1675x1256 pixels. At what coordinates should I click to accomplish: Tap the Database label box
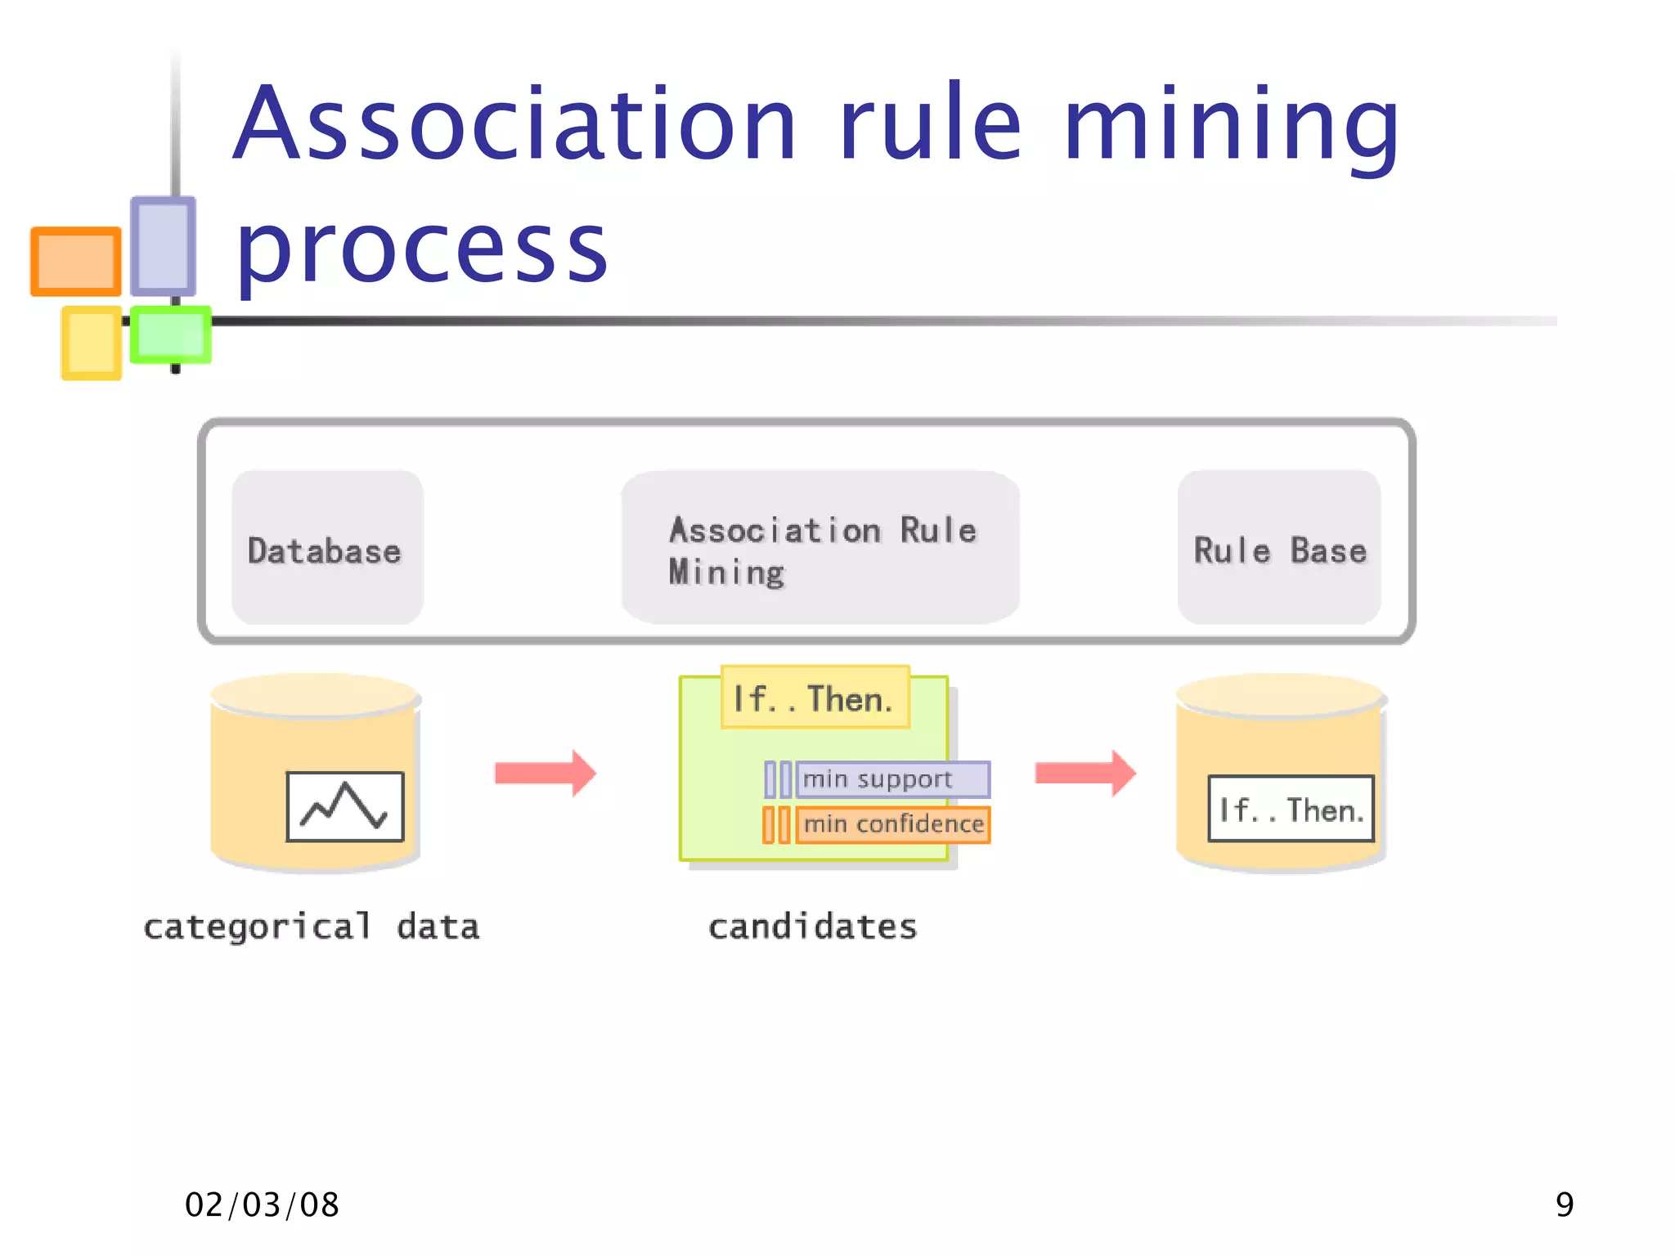(327, 548)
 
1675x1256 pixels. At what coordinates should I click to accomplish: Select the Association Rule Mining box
(820, 548)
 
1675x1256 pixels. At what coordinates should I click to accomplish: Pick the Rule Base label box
(1279, 548)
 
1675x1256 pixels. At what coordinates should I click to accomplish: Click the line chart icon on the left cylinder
(345, 806)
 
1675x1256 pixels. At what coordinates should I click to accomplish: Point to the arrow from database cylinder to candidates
(546, 773)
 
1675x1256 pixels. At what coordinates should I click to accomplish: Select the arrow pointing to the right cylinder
(1085, 773)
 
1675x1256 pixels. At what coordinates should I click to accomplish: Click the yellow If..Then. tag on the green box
(815, 698)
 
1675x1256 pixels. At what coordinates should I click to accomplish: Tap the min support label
(891, 779)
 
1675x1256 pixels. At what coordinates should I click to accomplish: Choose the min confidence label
(893, 824)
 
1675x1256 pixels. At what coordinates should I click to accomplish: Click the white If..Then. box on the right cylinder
(1291, 810)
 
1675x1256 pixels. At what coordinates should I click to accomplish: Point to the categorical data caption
(311, 927)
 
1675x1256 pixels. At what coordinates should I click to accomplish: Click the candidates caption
(812, 927)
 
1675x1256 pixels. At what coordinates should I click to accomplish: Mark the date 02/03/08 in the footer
(262, 1204)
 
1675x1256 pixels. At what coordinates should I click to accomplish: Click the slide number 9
(1564, 1204)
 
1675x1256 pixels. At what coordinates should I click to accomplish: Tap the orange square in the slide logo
(76, 262)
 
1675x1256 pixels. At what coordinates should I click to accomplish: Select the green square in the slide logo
(170, 334)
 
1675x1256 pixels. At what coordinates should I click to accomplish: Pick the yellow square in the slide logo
(91, 343)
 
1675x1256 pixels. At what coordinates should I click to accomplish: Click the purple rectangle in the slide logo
(163, 245)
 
